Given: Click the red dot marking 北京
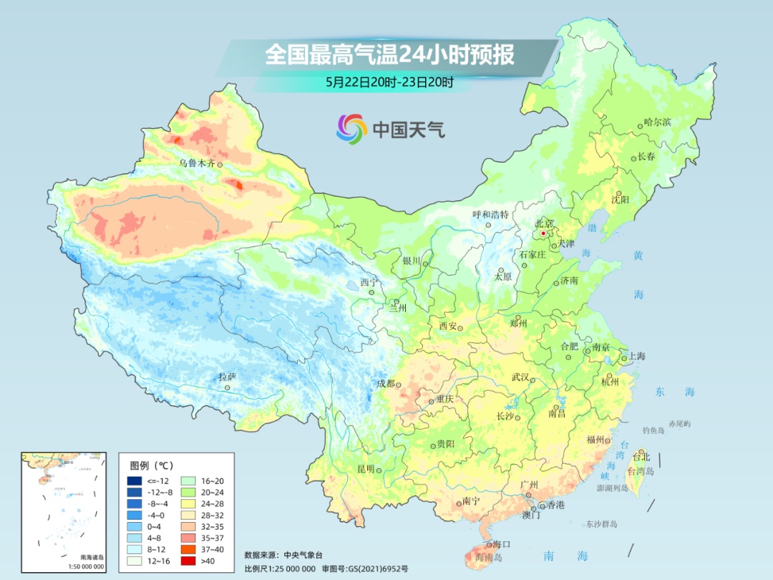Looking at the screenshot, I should point(543,233).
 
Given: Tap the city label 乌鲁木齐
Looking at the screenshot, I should point(196,164).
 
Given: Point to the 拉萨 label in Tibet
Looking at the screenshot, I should point(227,377).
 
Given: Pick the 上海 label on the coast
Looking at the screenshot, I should point(636,357).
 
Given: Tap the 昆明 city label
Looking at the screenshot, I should point(365,469).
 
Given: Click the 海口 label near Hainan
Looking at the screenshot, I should point(501,545).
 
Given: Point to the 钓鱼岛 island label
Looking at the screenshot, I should point(654,430).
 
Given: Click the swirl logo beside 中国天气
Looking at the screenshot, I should point(351,129).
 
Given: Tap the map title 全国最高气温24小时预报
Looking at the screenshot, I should point(389,55).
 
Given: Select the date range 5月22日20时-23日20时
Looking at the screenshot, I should point(389,82).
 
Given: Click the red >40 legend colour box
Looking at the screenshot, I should point(134,561).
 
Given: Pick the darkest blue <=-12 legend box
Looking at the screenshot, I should point(134,481).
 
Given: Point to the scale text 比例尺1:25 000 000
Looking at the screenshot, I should point(280,568).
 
